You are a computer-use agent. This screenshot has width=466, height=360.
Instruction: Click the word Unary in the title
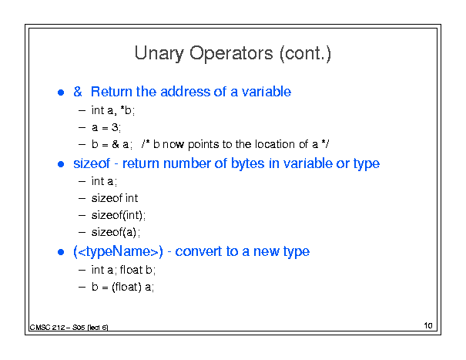tap(159, 53)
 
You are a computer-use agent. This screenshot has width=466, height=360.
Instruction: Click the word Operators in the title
tap(231, 53)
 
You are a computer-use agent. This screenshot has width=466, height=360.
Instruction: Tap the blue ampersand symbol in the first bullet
tap(78, 91)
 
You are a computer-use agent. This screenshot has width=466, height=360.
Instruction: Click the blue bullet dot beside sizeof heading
tap(61, 164)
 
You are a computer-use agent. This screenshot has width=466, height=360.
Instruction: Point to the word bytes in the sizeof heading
tap(247, 163)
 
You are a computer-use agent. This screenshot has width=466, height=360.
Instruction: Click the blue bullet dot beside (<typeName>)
tap(61, 252)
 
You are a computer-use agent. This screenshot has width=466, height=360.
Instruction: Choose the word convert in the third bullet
tap(198, 251)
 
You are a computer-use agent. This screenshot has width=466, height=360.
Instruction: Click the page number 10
tap(428, 325)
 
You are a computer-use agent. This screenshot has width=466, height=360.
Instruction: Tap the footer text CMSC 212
tap(47, 328)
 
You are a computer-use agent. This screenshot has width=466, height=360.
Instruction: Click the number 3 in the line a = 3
tap(115, 127)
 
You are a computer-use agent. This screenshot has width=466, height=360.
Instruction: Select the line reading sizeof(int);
tap(119, 215)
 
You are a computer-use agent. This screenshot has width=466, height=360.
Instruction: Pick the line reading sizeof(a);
tap(116, 232)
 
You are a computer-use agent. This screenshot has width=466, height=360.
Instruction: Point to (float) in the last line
tap(126, 287)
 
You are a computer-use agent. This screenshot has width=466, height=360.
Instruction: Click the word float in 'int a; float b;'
tap(131, 270)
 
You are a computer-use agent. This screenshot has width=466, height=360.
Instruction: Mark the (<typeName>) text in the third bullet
tap(119, 252)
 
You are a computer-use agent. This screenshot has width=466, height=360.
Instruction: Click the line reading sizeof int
tap(115, 198)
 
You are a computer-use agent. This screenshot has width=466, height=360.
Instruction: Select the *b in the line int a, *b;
tap(126, 110)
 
